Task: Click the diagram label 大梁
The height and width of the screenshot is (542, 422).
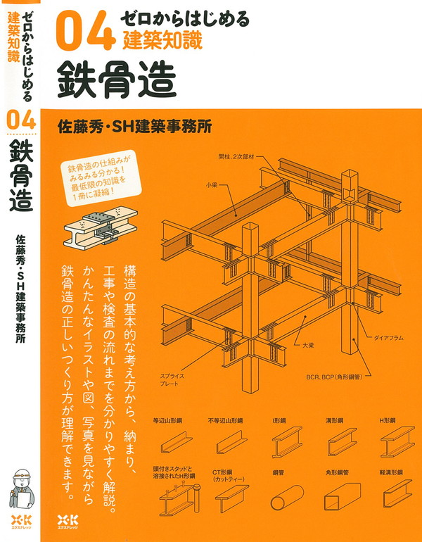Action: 308,346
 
